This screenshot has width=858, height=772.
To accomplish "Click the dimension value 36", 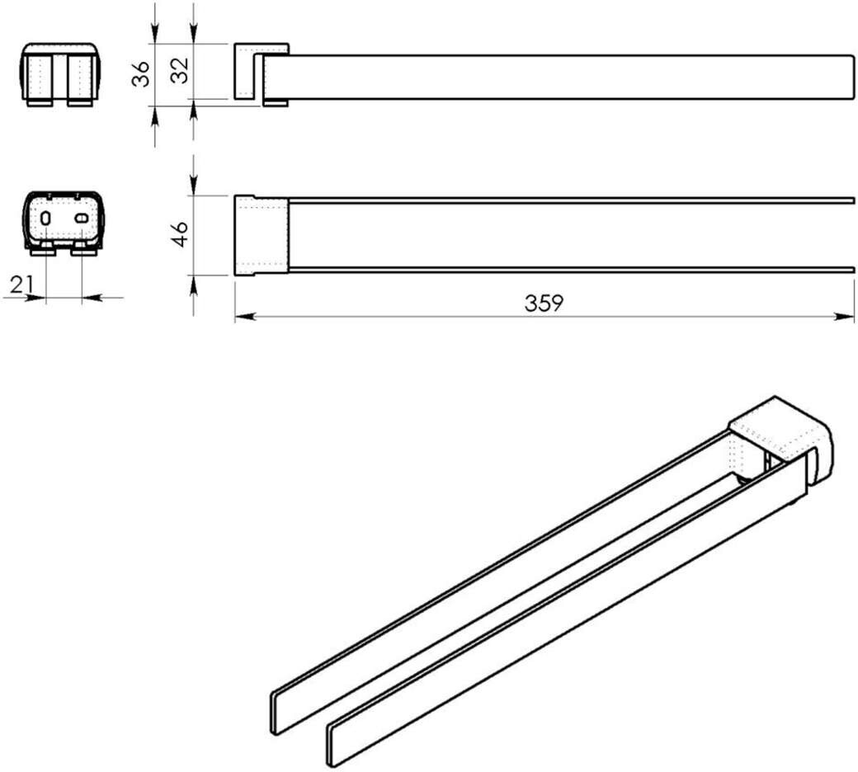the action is tap(141, 73).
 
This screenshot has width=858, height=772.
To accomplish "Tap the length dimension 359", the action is tap(544, 302).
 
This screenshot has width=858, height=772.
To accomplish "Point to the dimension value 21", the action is tap(21, 285).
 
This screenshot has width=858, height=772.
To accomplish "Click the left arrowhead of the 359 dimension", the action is tap(245, 316).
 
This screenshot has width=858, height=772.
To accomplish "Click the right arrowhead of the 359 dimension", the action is tap(844, 316).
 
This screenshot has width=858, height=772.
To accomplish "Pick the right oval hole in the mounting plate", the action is tap(81, 219).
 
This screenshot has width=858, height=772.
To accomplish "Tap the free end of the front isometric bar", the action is tap(331, 746).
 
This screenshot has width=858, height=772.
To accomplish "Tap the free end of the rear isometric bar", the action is tap(275, 713).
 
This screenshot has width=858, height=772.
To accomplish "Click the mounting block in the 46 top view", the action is tap(261, 235).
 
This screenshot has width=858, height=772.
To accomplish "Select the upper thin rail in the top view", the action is tap(571, 200).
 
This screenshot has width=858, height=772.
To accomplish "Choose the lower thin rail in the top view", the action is tap(571, 269).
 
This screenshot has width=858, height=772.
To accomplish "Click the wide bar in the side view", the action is tap(559, 78).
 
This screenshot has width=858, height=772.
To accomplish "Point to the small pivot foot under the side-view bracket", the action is tap(276, 103).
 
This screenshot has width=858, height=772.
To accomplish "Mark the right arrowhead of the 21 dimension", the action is tap(92, 299).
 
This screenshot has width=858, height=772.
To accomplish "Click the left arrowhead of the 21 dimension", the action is tap(35, 299).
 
